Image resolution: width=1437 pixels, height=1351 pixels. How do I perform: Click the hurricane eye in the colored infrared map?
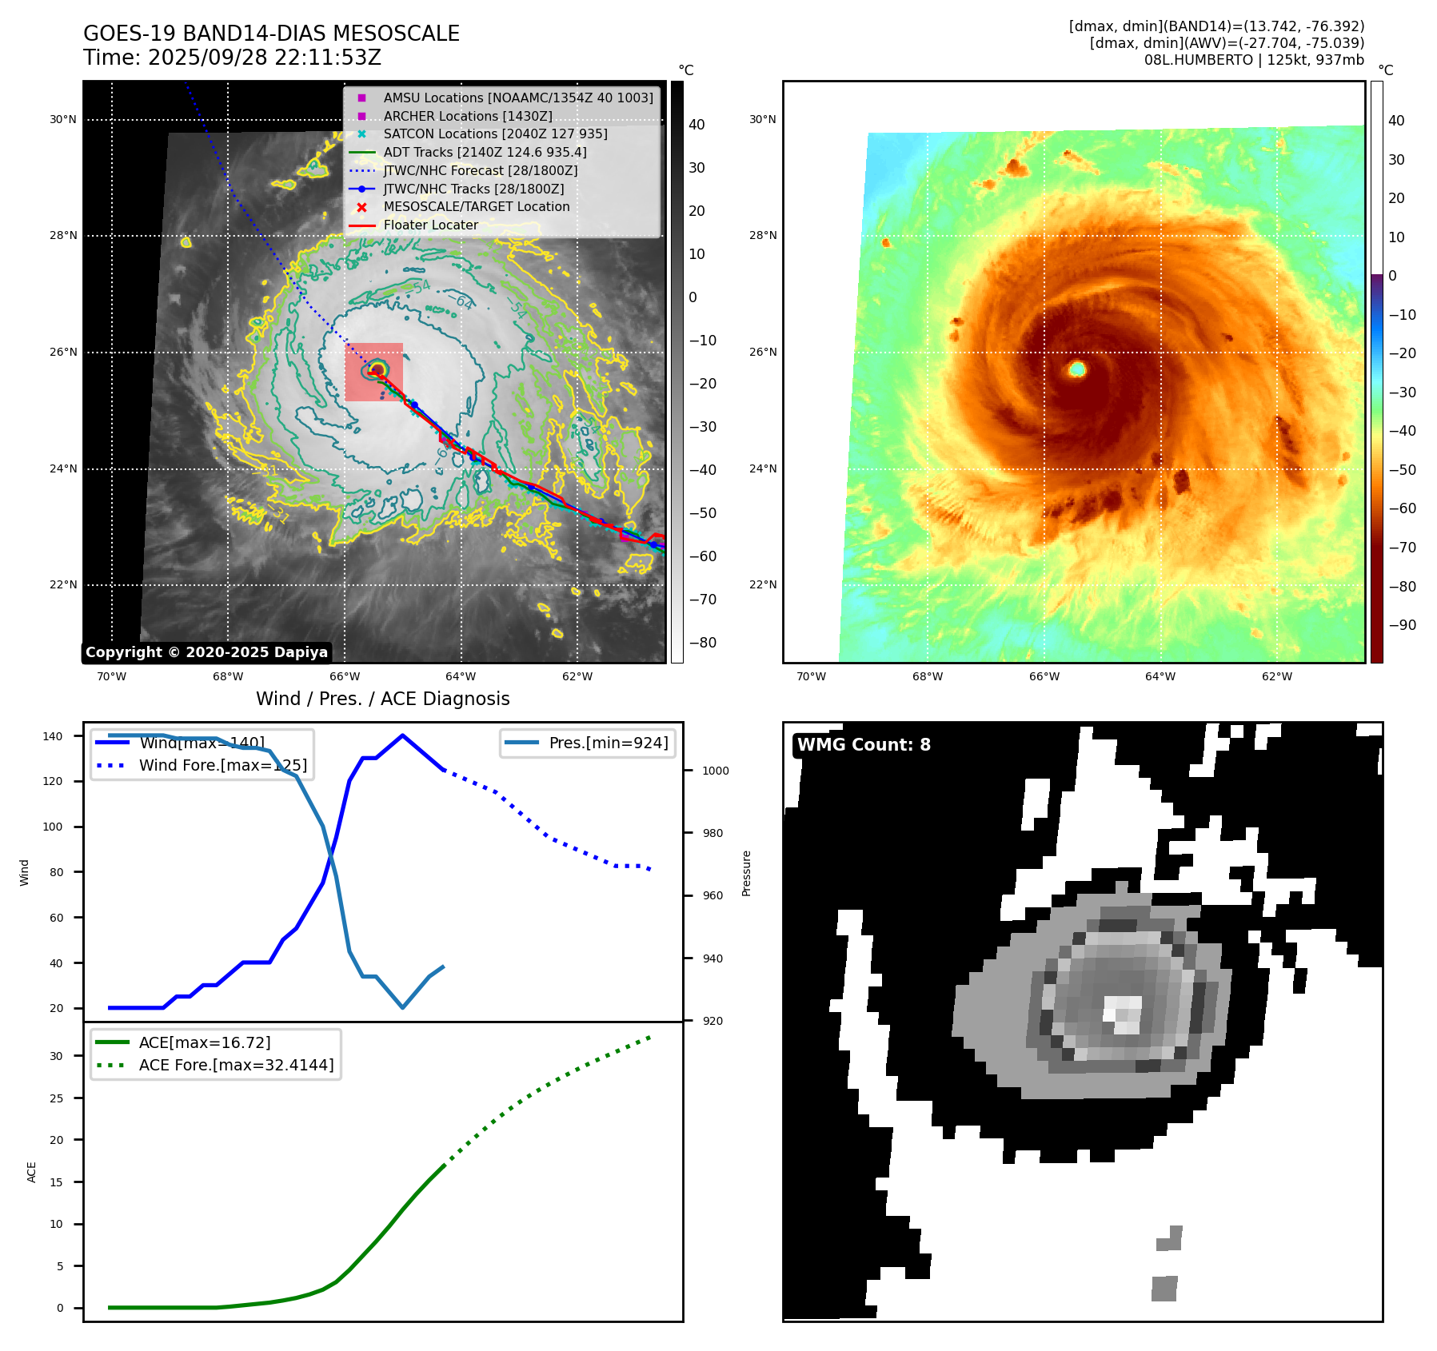tap(1077, 369)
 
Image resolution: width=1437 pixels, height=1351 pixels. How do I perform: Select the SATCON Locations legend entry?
tap(495, 134)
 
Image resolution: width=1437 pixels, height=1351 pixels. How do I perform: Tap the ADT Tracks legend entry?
tap(485, 152)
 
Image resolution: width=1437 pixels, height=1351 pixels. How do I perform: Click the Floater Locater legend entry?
tap(430, 225)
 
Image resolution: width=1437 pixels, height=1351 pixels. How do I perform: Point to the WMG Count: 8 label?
tap(864, 745)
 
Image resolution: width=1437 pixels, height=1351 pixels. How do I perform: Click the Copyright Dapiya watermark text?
tap(206, 652)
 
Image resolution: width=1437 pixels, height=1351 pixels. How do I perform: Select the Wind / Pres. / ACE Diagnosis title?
tap(382, 699)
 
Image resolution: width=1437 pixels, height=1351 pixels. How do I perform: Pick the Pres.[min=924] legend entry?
tap(608, 743)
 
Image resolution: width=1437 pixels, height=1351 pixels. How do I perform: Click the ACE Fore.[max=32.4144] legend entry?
tap(236, 1065)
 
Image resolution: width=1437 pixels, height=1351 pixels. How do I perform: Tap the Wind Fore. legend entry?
tap(222, 765)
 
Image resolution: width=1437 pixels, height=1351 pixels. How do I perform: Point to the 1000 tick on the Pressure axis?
tap(715, 771)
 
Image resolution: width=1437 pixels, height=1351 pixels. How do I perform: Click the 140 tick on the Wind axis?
tap(53, 736)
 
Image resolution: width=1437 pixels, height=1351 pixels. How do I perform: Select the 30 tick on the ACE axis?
tap(56, 1056)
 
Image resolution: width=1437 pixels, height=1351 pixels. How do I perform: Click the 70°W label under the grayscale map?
tap(111, 677)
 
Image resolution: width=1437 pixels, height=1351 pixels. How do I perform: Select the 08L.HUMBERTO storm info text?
tap(1254, 60)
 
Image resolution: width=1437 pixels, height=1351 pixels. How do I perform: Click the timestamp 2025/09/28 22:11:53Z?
tap(265, 58)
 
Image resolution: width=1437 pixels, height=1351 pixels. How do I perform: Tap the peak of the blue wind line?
tap(402, 735)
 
